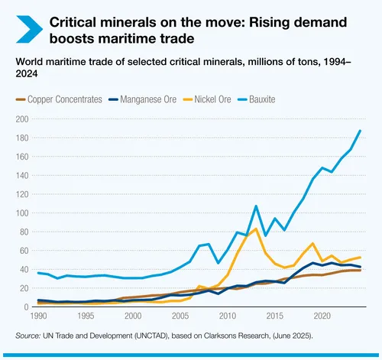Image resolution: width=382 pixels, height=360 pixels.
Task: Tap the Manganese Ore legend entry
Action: pos(149,99)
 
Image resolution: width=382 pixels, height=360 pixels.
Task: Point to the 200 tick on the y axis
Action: pos(23,119)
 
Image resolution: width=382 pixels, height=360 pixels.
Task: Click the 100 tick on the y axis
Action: pos(23,212)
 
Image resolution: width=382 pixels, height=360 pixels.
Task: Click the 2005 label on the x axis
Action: pos(180,316)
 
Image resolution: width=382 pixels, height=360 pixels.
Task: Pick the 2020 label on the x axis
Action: pos(322,316)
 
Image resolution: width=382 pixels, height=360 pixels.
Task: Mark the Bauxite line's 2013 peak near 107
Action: pos(256,206)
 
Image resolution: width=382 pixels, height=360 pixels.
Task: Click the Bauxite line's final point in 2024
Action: pos(360,131)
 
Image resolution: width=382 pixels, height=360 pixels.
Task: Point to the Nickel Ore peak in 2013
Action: pos(256,229)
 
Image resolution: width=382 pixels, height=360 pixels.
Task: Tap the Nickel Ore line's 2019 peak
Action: pos(312,244)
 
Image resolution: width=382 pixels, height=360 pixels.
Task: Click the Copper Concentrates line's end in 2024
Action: pos(360,270)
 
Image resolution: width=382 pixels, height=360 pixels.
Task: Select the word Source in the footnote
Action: pos(28,336)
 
